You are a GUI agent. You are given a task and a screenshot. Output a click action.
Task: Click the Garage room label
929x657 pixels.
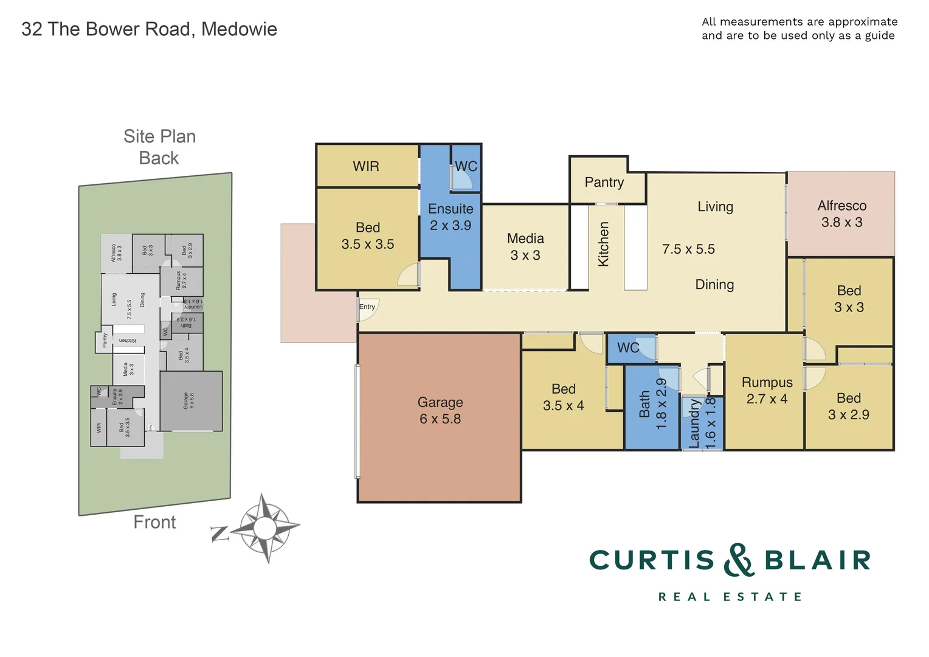click(440, 402)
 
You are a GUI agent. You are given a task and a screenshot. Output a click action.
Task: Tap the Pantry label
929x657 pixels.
click(604, 182)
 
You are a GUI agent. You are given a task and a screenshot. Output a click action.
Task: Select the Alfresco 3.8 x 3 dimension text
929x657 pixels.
click(841, 223)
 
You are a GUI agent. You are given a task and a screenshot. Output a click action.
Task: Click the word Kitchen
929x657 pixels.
click(604, 243)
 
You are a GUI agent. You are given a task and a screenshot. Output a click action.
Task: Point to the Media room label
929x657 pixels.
click(525, 238)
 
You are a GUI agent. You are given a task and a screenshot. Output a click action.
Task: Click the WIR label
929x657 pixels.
click(366, 166)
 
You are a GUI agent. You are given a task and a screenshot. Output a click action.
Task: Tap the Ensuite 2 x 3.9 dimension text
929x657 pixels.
click(451, 226)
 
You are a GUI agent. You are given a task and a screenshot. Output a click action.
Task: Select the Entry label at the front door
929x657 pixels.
click(367, 307)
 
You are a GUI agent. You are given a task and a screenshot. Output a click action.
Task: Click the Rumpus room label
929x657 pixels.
click(767, 383)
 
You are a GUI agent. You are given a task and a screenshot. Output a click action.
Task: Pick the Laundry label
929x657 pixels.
click(694, 423)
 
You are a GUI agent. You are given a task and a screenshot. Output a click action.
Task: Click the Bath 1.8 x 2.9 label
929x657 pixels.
click(653, 404)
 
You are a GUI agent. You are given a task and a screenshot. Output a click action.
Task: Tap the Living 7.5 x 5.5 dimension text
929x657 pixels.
click(688, 249)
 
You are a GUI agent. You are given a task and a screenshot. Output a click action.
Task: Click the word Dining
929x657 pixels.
click(714, 285)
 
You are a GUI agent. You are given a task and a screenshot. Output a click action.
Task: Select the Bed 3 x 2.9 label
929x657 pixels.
click(849, 406)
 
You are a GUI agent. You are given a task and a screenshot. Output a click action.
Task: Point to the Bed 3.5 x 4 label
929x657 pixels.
click(563, 397)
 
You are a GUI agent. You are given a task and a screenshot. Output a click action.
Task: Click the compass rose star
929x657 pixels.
click(264, 527)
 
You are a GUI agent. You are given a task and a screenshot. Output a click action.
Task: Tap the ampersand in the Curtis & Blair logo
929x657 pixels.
click(739, 560)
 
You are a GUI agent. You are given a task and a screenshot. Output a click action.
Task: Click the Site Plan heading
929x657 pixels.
click(159, 136)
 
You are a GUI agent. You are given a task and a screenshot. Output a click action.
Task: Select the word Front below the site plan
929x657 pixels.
click(154, 522)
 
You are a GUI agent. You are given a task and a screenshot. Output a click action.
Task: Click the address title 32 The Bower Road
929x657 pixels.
click(149, 29)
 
